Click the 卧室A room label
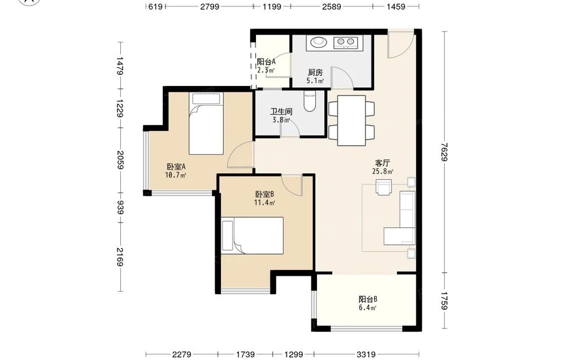pyautogui.click(x=176, y=167)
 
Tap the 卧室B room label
pyautogui.click(x=264, y=194)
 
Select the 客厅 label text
pyautogui.click(x=383, y=163)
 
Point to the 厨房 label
pyautogui.click(x=315, y=72)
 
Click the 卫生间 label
pyautogui.click(x=281, y=112)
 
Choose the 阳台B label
pyautogui.click(x=368, y=299)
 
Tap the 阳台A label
pyautogui.click(x=266, y=62)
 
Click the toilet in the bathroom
pyautogui.click(x=310, y=101)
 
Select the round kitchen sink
pyautogui.click(x=318, y=42)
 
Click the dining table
pyautogui.click(x=351, y=120)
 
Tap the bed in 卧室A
pyautogui.click(x=206, y=124)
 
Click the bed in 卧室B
pyautogui.click(x=252, y=236)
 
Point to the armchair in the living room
pyautogui.click(x=383, y=187)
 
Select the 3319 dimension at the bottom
pyautogui.click(x=367, y=354)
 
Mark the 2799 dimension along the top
pyautogui.click(x=210, y=6)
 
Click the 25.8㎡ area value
pyautogui.click(x=383, y=172)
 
